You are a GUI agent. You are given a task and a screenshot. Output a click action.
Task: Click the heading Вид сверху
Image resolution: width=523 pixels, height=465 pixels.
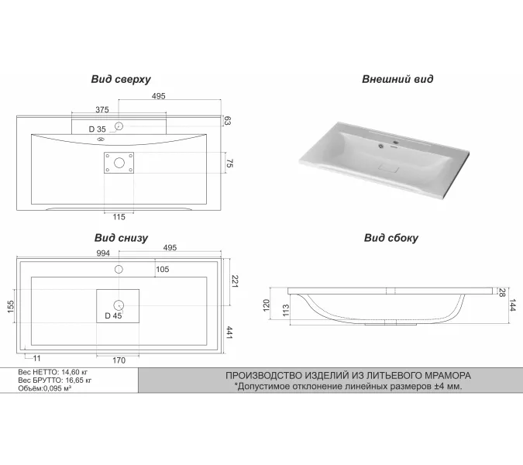pos(120,80)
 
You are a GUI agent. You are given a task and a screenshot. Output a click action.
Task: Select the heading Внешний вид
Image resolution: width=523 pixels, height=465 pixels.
pos(397,80)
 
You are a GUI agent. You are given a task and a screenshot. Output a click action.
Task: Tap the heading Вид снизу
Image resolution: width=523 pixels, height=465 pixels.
pos(121,238)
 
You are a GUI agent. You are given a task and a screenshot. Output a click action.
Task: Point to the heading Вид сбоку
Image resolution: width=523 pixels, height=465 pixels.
pos(391,238)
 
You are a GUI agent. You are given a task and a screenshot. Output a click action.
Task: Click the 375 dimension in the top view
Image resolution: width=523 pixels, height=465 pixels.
pos(102,109)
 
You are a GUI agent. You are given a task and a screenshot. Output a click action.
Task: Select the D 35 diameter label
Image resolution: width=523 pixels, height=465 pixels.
pos(97,129)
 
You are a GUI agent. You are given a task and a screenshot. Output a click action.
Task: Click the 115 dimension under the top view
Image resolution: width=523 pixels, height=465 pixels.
pos(119,217)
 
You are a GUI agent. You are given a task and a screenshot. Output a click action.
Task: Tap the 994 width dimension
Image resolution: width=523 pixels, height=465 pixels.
pos(103,253)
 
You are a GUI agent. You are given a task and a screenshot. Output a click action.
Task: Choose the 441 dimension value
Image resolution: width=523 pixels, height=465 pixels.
pos(230,333)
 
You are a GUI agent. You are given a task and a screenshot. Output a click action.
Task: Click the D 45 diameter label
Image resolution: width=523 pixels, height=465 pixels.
pos(113,315)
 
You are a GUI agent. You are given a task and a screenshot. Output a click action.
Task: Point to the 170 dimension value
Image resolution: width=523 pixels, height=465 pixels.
pos(119,360)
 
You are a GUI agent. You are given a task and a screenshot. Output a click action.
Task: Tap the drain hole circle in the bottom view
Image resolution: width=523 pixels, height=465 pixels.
pos(119,304)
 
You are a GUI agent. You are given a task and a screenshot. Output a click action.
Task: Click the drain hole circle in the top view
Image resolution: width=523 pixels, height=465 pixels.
pos(119,162)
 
